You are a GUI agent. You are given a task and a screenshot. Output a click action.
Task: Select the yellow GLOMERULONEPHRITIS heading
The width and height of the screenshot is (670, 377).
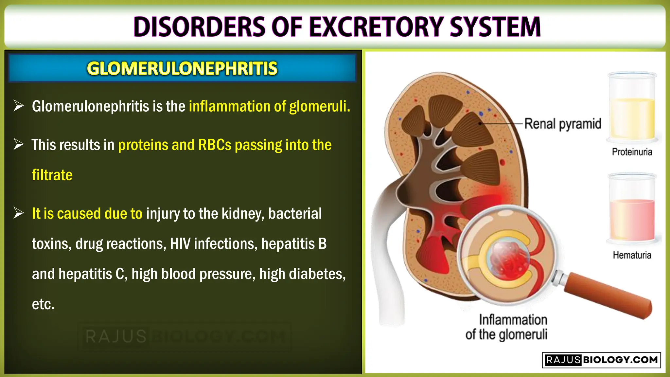[182, 68]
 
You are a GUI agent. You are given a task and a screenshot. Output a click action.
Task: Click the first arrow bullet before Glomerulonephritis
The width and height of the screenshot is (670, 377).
[19, 106]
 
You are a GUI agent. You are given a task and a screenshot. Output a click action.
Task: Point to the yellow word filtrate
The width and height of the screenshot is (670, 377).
[52, 175]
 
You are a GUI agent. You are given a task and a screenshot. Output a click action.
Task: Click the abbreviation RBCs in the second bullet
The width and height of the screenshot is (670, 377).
[215, 145]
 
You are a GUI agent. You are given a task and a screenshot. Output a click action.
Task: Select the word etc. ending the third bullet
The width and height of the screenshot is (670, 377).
[43, 304]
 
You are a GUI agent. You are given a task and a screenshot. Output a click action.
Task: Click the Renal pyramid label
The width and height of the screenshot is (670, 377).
[563, 124]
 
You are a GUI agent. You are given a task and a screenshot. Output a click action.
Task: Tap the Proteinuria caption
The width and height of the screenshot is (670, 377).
[632, 152]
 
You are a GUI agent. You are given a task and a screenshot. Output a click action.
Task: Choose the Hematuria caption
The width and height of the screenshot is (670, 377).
[632, 255]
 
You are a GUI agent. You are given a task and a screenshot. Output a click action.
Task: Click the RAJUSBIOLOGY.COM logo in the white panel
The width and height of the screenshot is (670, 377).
[601, 360]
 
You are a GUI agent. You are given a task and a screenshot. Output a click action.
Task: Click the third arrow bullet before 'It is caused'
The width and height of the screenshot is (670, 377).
[19, 213]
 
